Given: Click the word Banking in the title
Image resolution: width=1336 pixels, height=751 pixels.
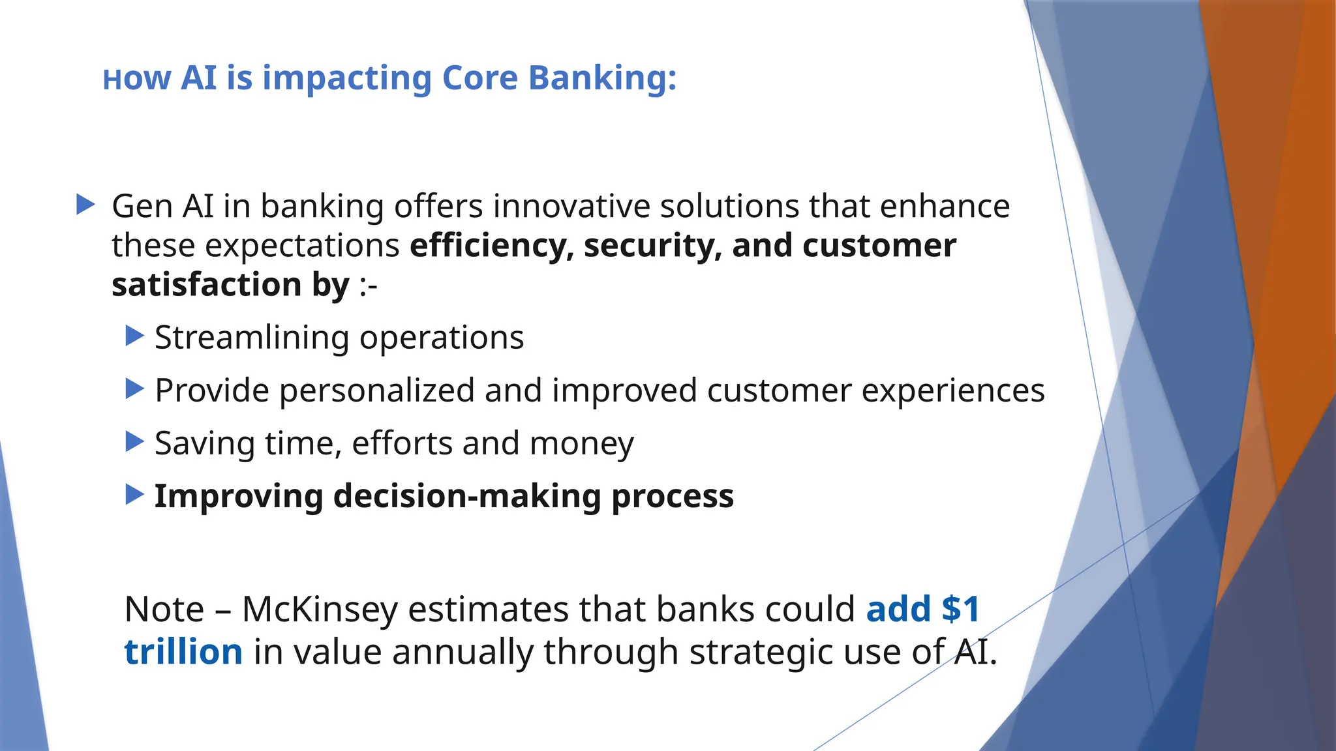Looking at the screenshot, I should coord(602,79).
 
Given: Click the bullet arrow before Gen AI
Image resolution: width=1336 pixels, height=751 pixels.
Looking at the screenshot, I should coord(85,205).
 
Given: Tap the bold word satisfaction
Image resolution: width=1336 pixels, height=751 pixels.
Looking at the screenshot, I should coord(206,285).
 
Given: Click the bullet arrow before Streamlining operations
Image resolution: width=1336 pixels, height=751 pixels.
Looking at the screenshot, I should coord(134,336).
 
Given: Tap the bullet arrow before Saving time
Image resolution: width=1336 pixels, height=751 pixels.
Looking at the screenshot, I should coord(134,442).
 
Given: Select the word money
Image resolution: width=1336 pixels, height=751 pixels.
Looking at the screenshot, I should coord(581,444).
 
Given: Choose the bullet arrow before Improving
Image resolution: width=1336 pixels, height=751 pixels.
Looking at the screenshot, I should coord(134,495).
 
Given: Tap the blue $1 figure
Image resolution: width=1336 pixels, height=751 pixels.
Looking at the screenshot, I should coord(960,610).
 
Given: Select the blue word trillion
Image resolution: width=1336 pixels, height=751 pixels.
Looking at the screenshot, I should coord(183,652).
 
